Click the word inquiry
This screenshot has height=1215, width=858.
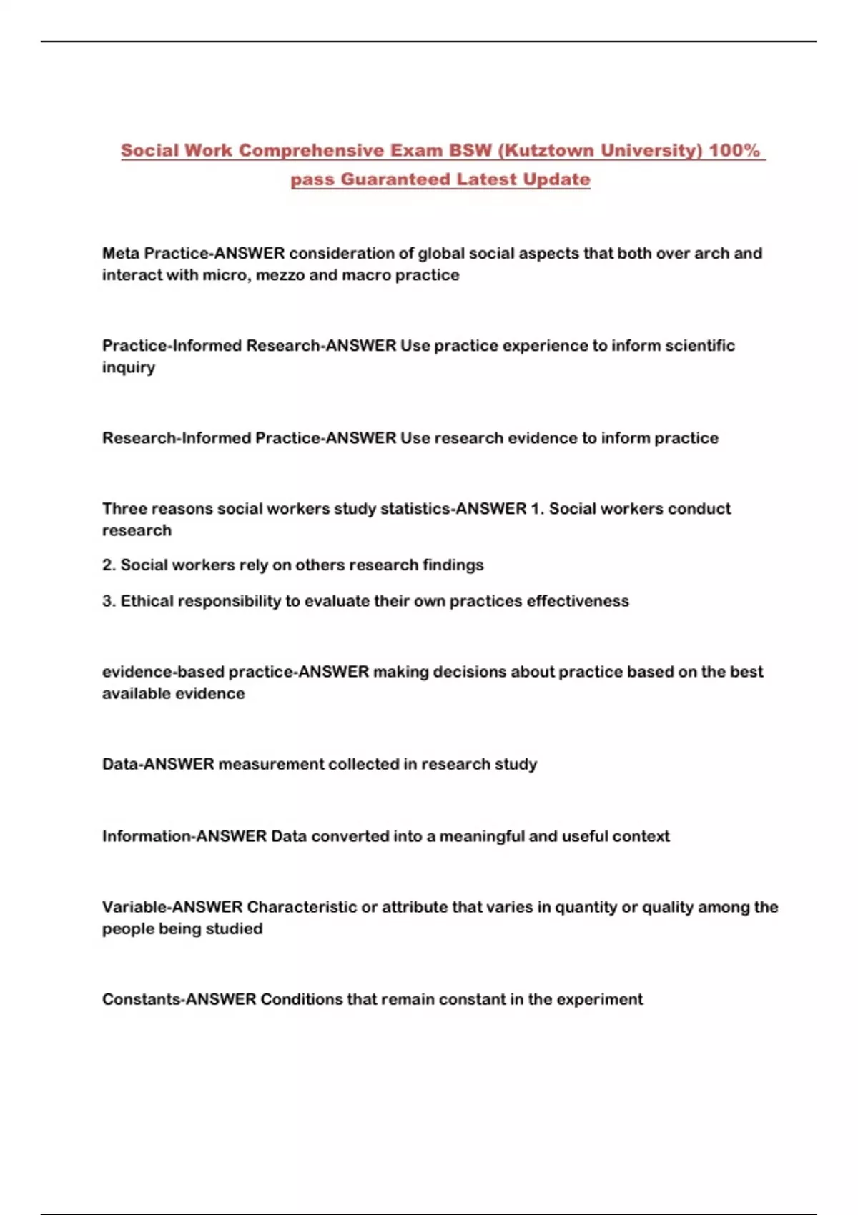[x=128, y=367]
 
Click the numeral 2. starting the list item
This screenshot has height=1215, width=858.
[x=109, y=565]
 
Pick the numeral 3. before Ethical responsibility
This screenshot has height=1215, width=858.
[x=109, y=601]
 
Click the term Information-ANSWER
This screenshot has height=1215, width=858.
[x=184, y=836]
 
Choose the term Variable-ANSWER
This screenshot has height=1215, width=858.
[x=172, y=907]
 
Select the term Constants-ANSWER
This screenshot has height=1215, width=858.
[x=179, y=999]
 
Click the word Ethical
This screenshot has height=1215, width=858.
[x=147, y=601]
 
